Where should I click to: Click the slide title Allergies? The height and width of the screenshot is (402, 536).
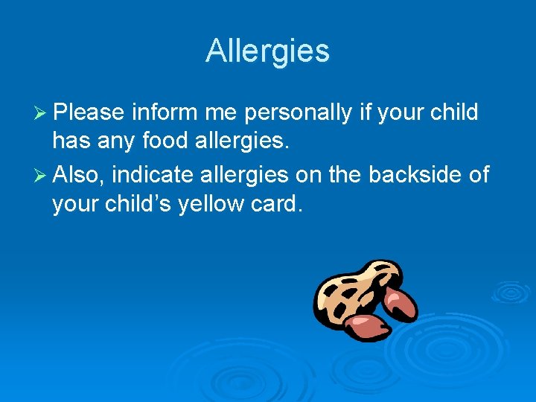tap(267, 51)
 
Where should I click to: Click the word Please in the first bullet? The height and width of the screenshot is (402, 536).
tap(89, 112)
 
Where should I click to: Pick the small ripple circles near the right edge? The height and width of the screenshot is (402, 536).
tap(511, 291)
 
